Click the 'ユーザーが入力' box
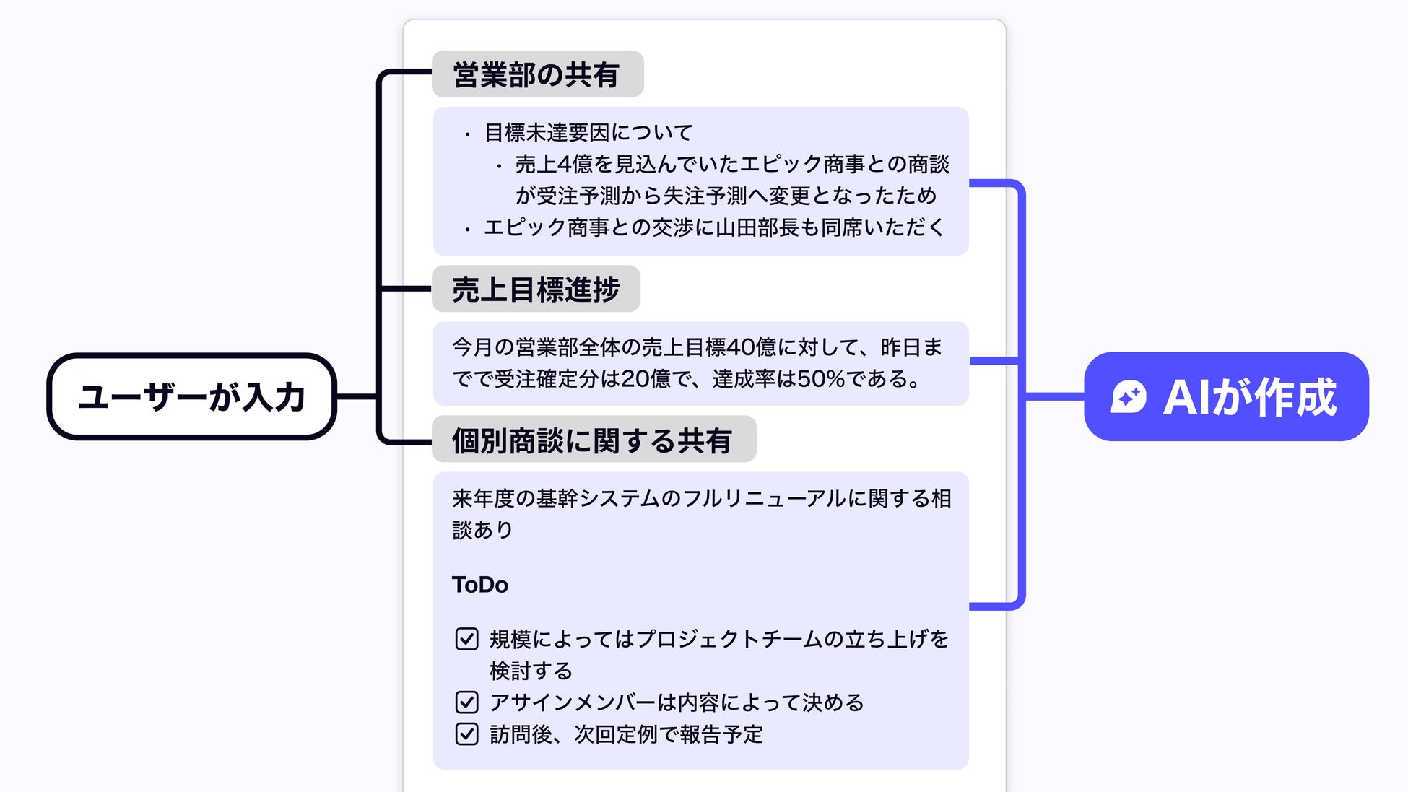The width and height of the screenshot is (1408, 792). [191, 396]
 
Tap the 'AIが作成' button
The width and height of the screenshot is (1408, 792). [1225, 396]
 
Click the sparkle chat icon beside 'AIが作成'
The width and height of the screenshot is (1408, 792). [1128, 396]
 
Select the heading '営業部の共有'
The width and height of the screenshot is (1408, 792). [536, 74]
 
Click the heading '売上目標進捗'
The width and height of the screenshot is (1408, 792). [535, 289]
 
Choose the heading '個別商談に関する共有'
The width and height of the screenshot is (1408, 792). [593, 440]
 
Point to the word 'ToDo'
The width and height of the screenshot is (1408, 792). [479, 584]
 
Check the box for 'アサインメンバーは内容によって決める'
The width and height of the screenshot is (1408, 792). [466, 702]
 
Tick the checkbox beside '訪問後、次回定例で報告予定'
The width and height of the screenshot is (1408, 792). [466, 734]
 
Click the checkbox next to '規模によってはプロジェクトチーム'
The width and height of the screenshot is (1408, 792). [466, 639]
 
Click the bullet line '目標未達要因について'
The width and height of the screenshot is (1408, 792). [588, 133]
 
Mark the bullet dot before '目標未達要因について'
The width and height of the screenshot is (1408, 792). [468, 134]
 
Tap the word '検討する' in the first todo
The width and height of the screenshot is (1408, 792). [531, 671]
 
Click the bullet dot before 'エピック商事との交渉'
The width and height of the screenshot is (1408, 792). [468, 230]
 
